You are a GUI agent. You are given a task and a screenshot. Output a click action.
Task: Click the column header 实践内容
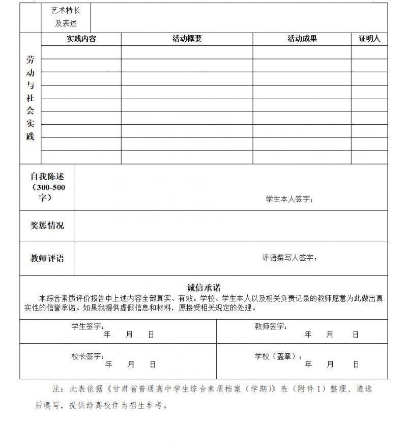81,39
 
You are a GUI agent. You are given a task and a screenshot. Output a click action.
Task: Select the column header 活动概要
187,39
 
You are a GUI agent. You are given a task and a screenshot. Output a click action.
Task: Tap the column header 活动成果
302,39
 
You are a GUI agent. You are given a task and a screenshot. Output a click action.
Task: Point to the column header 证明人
369,39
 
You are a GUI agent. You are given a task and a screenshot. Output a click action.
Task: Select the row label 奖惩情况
47,226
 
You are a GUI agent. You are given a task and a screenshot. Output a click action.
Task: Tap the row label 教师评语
47,258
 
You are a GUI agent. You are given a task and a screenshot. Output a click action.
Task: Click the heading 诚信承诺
203,288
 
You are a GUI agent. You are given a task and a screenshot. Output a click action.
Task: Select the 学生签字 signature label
87,326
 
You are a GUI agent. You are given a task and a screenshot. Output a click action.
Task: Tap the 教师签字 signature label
270,326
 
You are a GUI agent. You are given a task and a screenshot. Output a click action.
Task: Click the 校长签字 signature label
87,356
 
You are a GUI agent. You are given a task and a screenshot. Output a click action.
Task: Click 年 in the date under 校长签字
108,365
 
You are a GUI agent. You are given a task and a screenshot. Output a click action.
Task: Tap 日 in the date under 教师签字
356,334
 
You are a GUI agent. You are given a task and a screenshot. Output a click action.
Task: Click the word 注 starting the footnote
56,389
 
